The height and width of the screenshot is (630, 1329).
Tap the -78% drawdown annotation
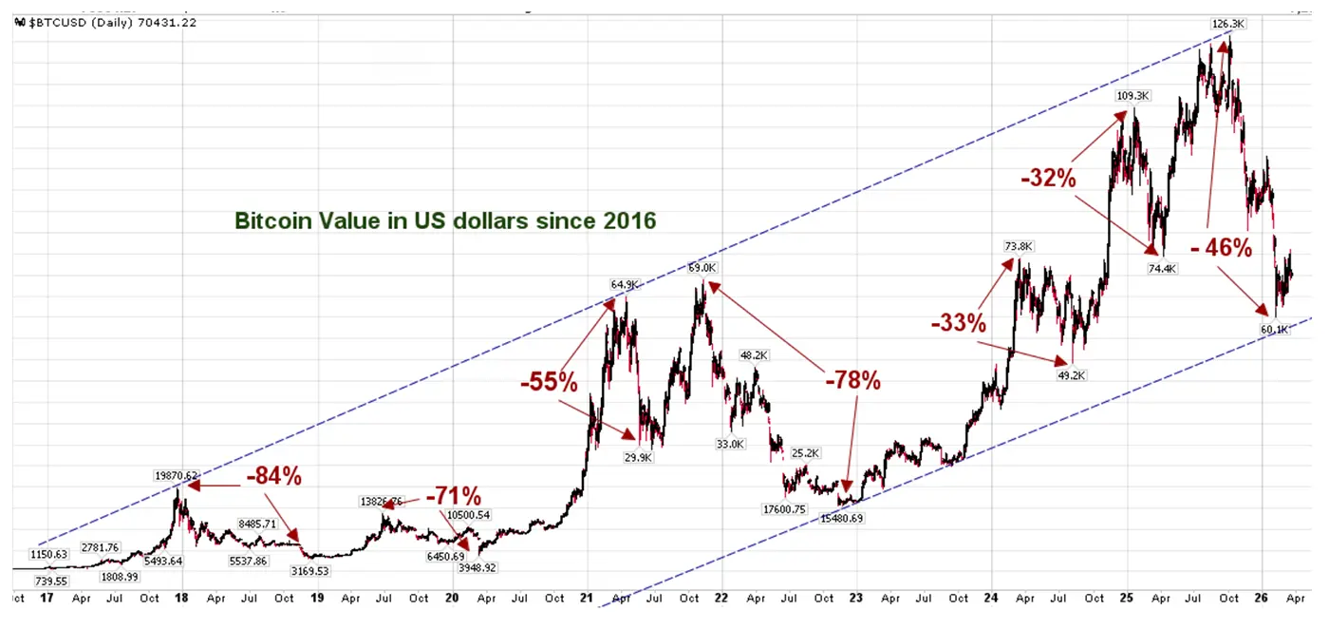(x=852, y=381)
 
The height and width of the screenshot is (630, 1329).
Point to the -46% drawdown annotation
(x=1221, y=248)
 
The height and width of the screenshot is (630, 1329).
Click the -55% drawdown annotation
(x=549, y=383)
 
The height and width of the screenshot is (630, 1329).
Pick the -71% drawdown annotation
(x=453, y=496)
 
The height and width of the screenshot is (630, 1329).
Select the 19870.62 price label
(x=176, y=475)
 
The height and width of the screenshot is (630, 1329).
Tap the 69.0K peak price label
(x=702, y=269)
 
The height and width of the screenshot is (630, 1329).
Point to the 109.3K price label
(x=1133, y=96)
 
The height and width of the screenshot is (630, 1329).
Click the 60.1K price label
(x=1275, y=330)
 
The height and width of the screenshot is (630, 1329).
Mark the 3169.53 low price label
(x=309, y=571)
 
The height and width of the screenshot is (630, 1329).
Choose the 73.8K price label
(x=1018, y=247)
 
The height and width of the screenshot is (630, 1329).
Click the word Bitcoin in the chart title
(x=271, y=221)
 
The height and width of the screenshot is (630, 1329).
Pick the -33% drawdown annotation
(x=958, y=323)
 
